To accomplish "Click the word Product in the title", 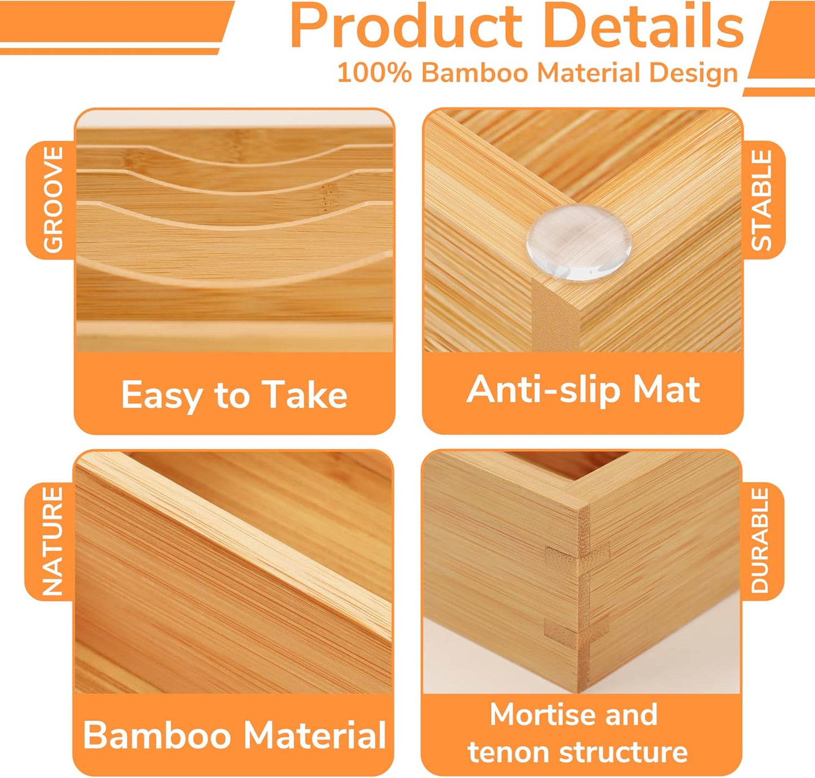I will (406, 27).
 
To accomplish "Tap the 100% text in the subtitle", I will (374, 73).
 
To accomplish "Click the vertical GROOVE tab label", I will (53, 199).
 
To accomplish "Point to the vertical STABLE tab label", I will (761, 200).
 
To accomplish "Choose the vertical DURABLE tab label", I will (760, 540).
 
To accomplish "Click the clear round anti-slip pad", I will (579, 241).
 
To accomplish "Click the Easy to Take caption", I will (234, 395).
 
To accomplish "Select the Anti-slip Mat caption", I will (583, 390).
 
